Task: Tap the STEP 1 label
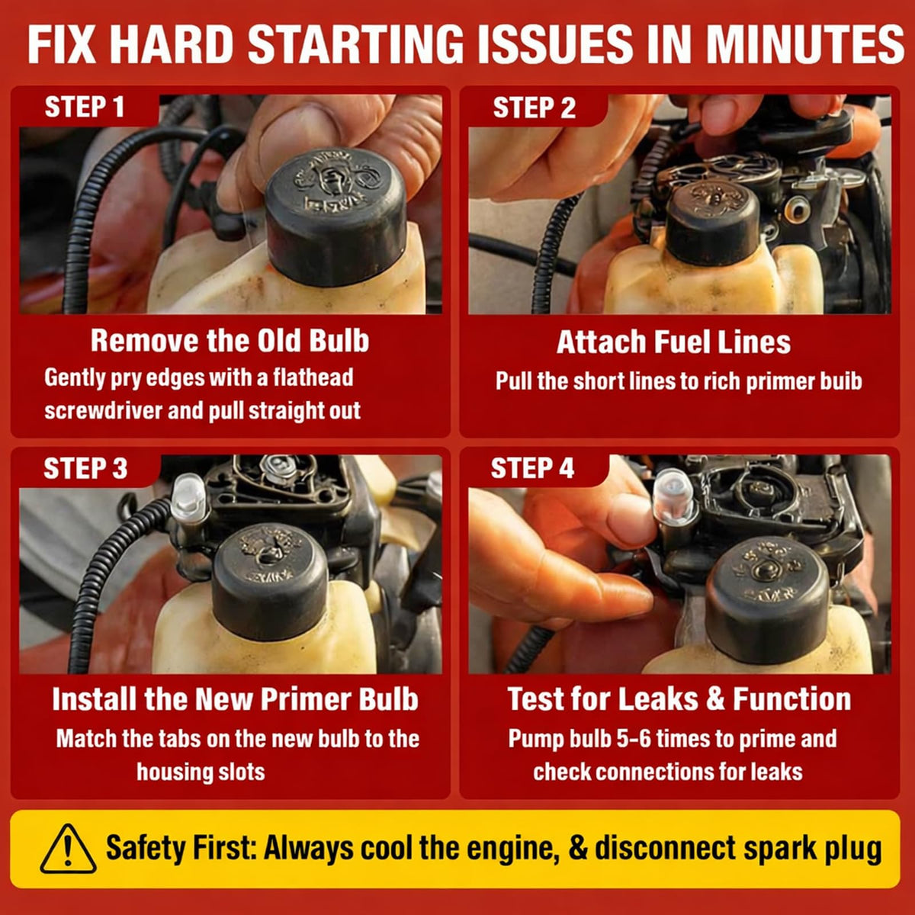85,107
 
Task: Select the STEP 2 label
535,108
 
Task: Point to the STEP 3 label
85,469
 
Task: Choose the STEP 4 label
533,468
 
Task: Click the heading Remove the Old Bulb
230,340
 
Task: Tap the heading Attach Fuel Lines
674,342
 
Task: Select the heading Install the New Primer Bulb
235,699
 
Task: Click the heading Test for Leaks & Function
679,699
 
